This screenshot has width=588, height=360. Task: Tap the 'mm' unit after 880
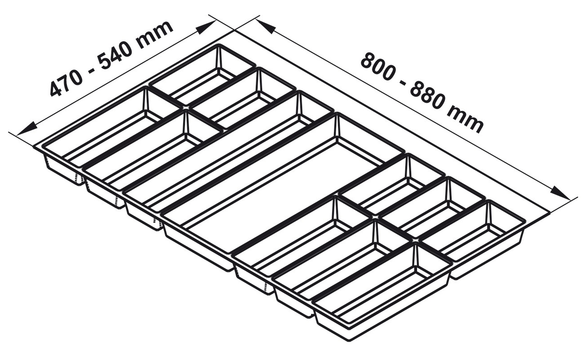click(466, 120)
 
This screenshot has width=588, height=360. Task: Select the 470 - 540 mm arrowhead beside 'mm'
click(206, 27)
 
